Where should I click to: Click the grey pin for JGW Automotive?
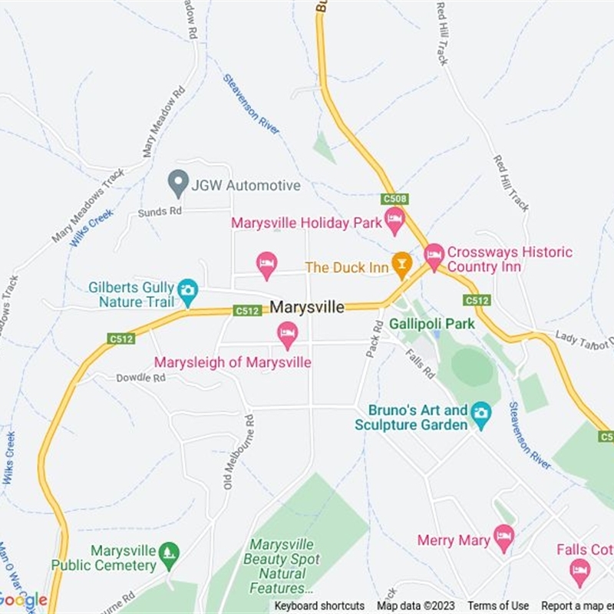click(x=178, y=183)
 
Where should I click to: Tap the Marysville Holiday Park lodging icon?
click(x=394, y=220)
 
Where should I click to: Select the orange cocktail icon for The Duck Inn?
click(x=401, y=265)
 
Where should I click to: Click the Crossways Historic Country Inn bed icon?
click(x=434, y=256)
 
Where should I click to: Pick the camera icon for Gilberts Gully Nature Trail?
click(x=187, y=290)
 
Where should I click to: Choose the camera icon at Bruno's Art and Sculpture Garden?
click(x=480, y=414)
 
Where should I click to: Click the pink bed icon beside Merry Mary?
click(x=503, y=537)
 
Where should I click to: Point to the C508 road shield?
click(x=394, y=199)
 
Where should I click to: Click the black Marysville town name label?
click(x=307, y=307)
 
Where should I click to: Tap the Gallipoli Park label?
click(x=432, y=324)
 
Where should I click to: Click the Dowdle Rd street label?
click(x=140, y=378)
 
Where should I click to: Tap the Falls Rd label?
click(x=421, y=365)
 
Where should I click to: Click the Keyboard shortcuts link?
click(x=319, y=606)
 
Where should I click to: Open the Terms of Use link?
click(x=498, y=606)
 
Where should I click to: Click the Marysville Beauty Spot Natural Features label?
click(x=282, y=566)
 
